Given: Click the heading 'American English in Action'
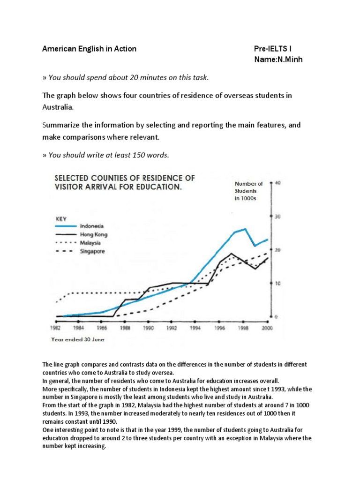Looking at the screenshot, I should [89, 49].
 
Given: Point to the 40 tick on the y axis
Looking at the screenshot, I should [277, 183].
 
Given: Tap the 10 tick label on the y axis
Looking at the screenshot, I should [277, 283].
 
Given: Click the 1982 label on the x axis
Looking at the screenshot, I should [55, 329].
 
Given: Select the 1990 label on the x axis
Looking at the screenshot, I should [149, 329].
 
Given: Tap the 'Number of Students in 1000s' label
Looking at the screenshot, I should [248, 191].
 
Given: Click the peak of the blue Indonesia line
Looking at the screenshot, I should [245, 229].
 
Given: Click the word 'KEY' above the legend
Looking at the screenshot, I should [61, 218].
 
